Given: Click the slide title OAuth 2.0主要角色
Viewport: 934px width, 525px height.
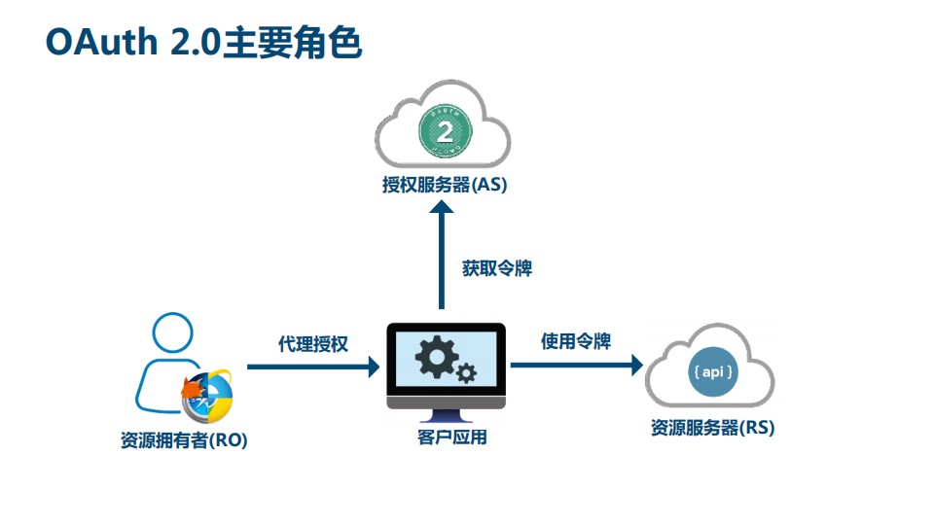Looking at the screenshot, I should click(x=203, y=43).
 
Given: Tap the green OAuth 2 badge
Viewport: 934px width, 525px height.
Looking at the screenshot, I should click(x=445, y=129).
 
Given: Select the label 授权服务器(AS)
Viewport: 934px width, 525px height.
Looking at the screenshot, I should click(x=445, y=185).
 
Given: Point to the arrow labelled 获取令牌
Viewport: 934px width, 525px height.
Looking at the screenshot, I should click(x=443, y=253).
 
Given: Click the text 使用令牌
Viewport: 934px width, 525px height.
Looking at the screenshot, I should click(x=576, y=341).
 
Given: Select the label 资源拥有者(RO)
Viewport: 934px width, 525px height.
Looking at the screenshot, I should click(x=184, y=440).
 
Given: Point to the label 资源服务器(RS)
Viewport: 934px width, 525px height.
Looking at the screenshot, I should click(x=712, y=428).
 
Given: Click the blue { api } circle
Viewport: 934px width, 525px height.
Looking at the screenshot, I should click(x=712, y=373).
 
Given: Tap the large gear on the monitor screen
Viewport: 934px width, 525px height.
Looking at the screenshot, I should click(x=434, y=358).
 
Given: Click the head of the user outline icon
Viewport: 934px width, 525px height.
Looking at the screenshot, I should click(x=172, y=335).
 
